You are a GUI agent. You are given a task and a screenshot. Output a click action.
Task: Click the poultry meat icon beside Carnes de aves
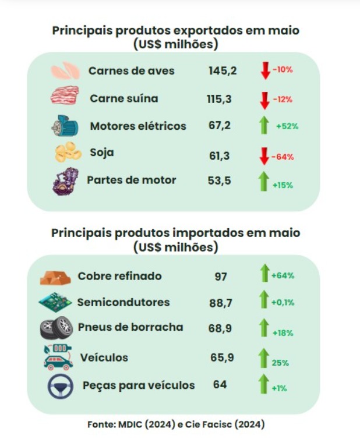click(x=65, y=71)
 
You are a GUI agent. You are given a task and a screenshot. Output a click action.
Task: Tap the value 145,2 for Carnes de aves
click(x=223, y=71)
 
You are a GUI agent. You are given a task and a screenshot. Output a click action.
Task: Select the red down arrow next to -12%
click(x=265, y=99)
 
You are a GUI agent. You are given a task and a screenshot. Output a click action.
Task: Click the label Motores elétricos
click(x=138, y=126)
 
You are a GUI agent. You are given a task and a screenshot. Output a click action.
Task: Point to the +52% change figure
click(x=287, y=126)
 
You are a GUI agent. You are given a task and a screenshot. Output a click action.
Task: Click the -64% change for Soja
click(x=283, y=157)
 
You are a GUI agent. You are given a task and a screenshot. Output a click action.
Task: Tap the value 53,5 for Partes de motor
click(x=220, y=180)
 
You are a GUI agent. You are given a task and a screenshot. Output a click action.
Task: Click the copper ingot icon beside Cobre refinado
click(x=55, y=277)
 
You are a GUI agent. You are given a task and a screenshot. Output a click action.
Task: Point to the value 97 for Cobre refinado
click(x=221, y=277)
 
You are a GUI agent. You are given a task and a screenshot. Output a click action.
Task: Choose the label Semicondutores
click(x=123, y=302)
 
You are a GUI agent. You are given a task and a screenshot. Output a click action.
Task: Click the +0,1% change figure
click(x=283, y=303)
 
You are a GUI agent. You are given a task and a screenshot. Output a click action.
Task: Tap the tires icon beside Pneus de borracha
click(x=56, y=328)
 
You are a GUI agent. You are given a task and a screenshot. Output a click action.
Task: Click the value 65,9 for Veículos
click(x=222, y=357)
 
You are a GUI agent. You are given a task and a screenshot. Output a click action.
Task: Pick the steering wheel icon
click(x=61, y=385)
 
